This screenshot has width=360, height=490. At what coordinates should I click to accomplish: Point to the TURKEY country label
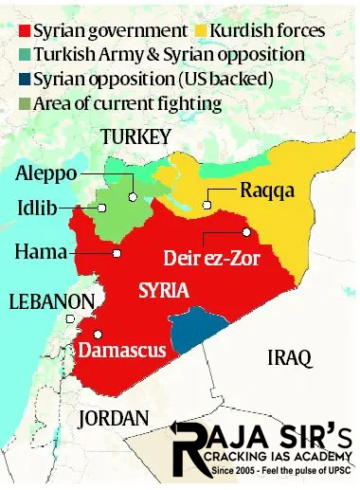click(135, 137)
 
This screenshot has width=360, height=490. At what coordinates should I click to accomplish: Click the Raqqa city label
click(267, 191)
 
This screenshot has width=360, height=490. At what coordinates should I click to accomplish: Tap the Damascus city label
click(122, 350)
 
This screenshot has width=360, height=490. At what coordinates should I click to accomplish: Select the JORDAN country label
click(114, 417)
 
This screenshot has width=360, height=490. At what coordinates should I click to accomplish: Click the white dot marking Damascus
click(98, 334)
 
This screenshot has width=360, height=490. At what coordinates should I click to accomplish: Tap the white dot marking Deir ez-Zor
click(245, 230)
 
